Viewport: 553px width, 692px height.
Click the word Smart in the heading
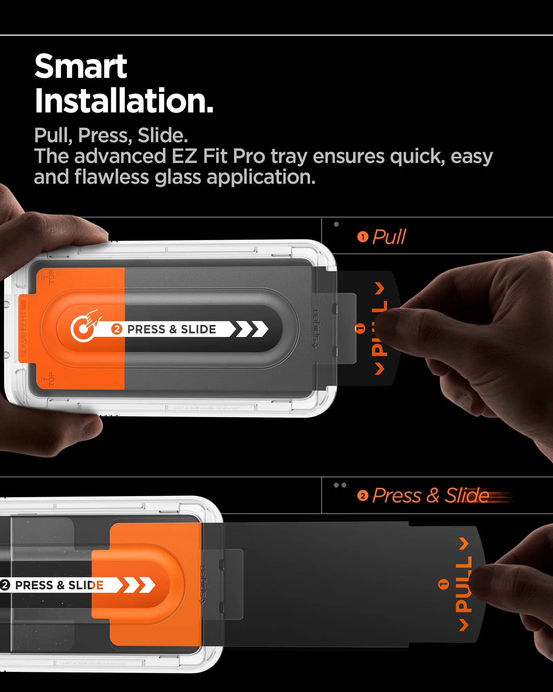pyautogui.click(x=81, y=67)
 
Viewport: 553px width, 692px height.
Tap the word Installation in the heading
pyautogui.click(x=124, y=101)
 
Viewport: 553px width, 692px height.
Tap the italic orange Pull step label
pyautogui.click(x=389, y=237)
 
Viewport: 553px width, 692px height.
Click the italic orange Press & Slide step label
pyautogui.click(x=431, y=495)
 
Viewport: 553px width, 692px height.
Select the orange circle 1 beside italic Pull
pyautogui.click(x=363, y=237)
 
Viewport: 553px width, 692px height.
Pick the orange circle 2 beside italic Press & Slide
pyautogui.click(x=363, y=496)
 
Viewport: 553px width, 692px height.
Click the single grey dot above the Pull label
pyautogui.click(x=336, y=224)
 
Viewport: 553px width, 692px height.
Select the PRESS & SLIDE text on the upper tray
pyautogui.click(x=171, y=329)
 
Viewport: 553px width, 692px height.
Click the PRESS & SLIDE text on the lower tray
pyautogui.click(x=59, y=585)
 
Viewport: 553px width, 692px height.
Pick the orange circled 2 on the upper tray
pyautogui.click(x=116, y=329)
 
